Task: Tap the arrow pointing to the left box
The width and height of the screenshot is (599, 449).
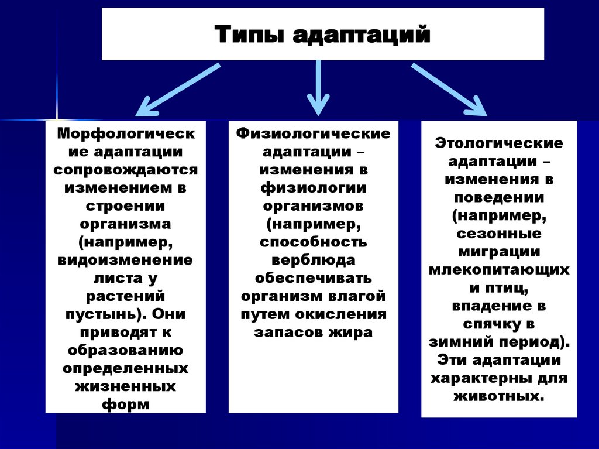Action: pos(176,90)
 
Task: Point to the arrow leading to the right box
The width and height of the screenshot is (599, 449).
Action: pos(449,89)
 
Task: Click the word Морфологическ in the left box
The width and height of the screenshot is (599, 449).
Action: pos(126,133)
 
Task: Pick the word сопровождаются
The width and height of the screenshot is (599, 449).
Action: pos(126,170)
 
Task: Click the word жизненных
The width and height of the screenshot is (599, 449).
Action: pos(126,386)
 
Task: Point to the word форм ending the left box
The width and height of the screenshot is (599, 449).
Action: pos(126,405)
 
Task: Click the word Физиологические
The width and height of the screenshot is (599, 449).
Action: pos(314,133)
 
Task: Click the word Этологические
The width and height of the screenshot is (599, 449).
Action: pos(499,143)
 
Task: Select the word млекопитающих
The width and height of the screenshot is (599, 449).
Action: pos(499,270)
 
